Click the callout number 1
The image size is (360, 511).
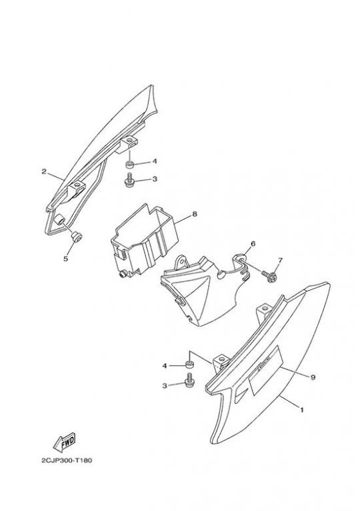click(x=301, y=410)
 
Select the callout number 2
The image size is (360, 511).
click(x=44, y=171)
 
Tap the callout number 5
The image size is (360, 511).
click(x=65, y=258)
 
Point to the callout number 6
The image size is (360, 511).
click(x=253, y=243)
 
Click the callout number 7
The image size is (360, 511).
click(x=280, y=260)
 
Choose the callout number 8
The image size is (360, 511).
click(x=195, y=214)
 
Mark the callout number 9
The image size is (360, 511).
click(x=313, y=377)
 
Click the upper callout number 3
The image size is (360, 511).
click(x=155, y=179)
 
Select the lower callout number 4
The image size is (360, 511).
click(x=165, y=366)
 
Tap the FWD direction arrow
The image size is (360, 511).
click(x=64, y=442)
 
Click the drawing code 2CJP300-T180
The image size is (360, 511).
click(x=67, y=460)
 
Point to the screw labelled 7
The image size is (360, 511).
click(x=270, y=276)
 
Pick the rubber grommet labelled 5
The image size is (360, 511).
click(x=77, y=237)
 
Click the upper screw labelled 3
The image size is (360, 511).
click(x=129, y=181)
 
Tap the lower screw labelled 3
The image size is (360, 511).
click(x=189, y=382)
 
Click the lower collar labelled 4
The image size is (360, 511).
click(x=189, y=364)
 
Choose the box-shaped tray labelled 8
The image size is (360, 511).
click(x=145, y=241)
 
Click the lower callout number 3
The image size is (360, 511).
click(x=165, y=386)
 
